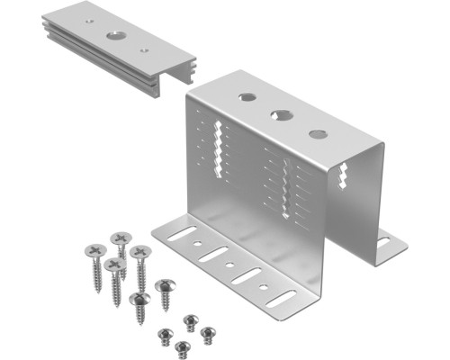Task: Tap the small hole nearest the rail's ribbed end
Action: point(145,50)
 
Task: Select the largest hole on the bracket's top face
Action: point(282,115)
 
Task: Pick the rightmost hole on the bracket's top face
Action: point(318,134)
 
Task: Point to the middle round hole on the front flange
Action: point(231,266)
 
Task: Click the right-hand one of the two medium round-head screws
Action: point(164,285)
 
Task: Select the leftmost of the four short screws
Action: point(165,334)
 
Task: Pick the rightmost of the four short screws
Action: point(207,333)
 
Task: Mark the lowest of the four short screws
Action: point(183,346)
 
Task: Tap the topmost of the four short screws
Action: point(190,319)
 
